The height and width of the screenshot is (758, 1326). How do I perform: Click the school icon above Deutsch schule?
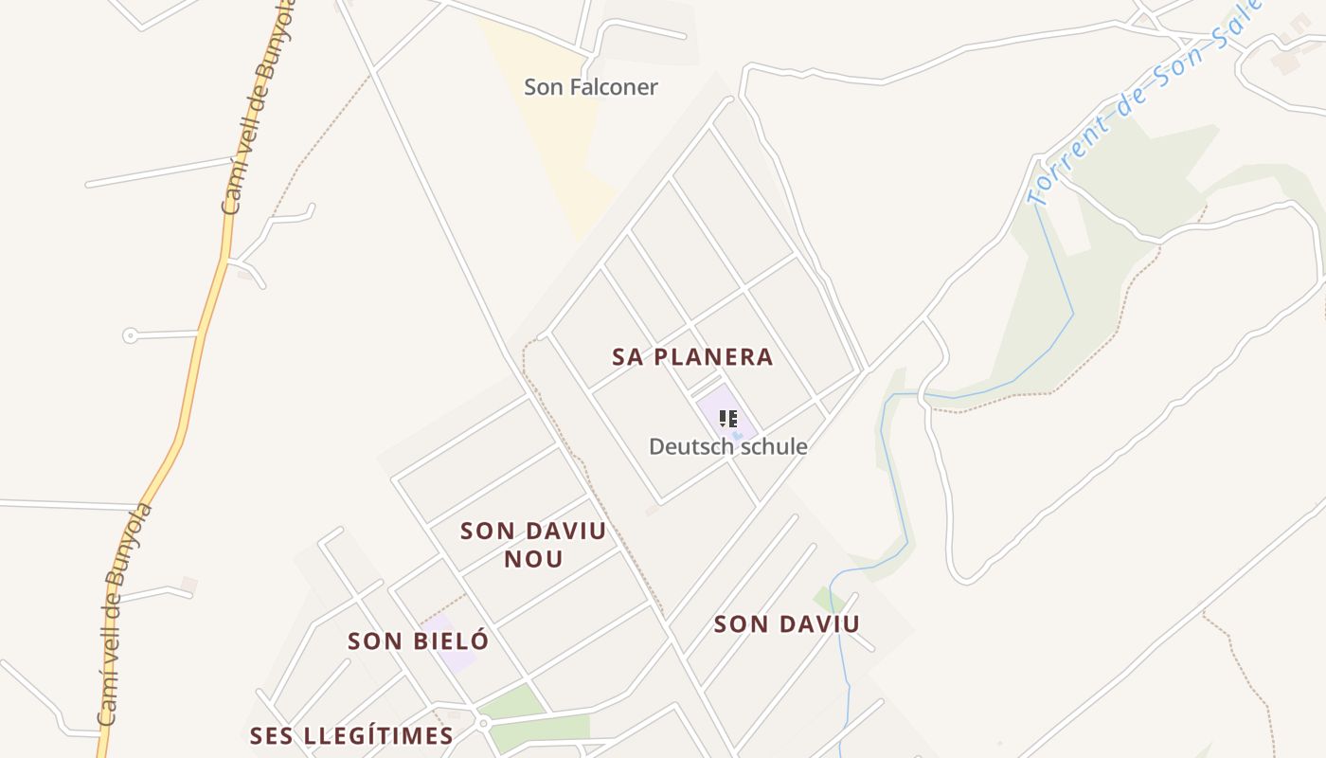point(727,418)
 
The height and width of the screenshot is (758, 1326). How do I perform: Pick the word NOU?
point(533,559)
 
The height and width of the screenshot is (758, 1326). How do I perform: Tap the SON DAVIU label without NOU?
point(786,624)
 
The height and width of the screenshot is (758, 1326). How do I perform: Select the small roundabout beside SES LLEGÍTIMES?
point(482,724)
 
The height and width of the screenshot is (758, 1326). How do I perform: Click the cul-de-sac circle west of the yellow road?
point(130,335)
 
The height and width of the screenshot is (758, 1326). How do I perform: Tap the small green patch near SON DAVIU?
point(828,599)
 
